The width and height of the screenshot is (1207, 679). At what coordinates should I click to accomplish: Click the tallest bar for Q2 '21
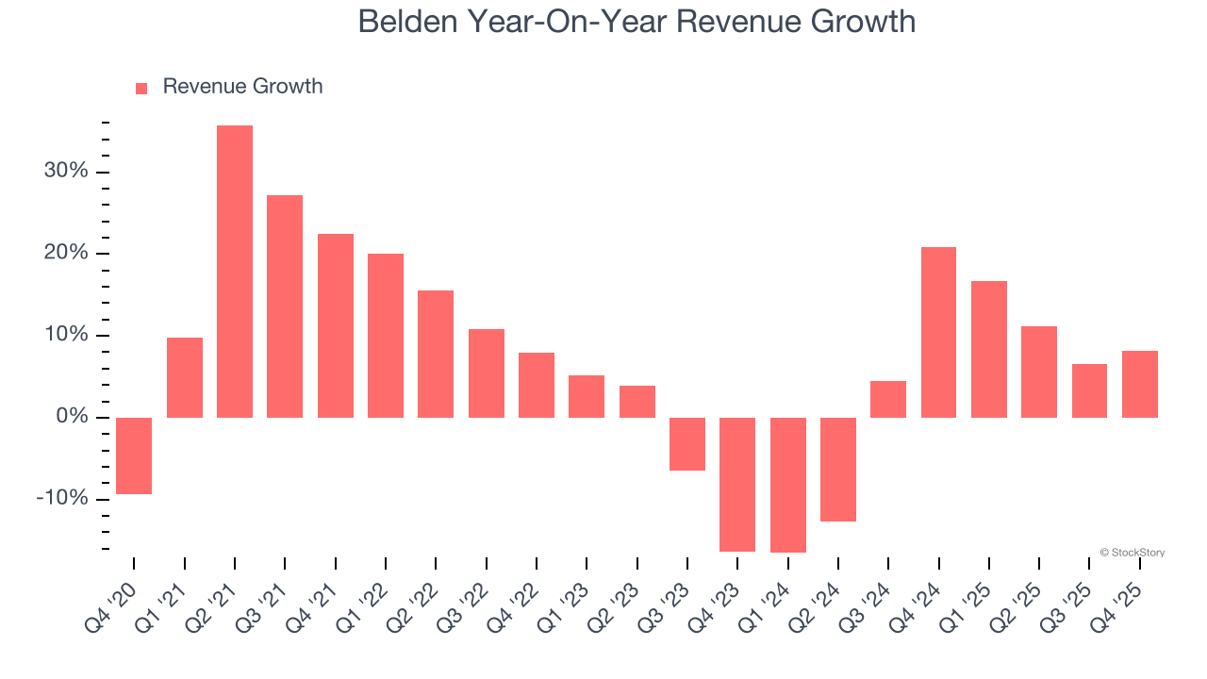click(x=235, y=272)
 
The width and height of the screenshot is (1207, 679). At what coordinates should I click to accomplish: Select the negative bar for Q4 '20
click(x=134, y=455)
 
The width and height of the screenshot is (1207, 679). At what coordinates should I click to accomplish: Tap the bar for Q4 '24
click(x=938, y=332)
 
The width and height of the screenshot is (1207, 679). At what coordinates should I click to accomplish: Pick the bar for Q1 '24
click(x=787, y=485)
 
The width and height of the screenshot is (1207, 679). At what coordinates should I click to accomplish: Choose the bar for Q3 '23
click(x=687, y=443)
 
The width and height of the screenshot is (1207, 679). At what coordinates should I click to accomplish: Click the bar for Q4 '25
click(x=1139, y=384)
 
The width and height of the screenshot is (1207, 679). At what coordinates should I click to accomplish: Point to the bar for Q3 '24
click(x=888, y=399)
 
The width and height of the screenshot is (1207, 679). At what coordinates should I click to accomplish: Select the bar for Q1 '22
click(x=386, y=336)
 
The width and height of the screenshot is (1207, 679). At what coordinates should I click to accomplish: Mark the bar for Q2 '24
click(x=838, y=469)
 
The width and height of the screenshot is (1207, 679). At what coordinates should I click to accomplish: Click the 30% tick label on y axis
click(x=65, y=172)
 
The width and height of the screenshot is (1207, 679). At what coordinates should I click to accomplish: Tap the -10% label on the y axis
click(x=62, y=498)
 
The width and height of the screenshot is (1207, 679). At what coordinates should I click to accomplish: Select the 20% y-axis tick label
click(x=65, y=254)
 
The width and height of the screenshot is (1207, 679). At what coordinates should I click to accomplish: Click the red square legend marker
click(x=141, y=89)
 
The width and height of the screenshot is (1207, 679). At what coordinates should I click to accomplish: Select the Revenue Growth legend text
click(x=242, y=87)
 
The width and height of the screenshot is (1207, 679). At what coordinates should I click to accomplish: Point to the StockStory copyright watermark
click(x=1132, y=553)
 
